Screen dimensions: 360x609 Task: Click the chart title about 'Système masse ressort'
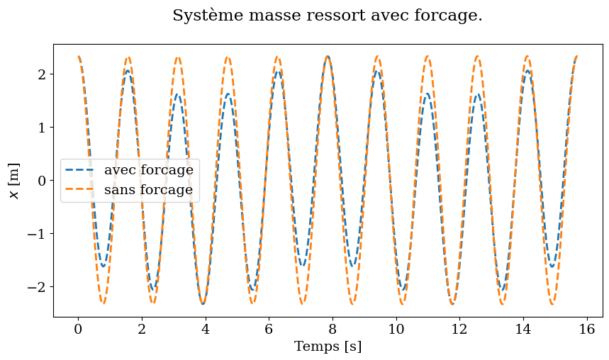pyautogui.click(x=327, y=16)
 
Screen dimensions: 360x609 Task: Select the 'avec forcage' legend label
pyautogui.click(x=148, y=170)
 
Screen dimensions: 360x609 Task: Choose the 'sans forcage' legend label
pyautogui.click(x=148, y=190)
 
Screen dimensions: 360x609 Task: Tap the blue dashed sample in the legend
pyautogui.click(x=81, y=170)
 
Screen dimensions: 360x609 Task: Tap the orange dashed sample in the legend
pyautogui.click(x=81, y=190)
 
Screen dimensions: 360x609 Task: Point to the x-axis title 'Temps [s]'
pyautogui.click(x=328, y=347)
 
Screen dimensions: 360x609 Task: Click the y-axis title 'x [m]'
pyautogui.click(x=15, y=181)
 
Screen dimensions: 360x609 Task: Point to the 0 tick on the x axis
pyautogui.click(x=78, y=328)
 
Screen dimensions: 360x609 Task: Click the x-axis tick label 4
pyautogui.click(x=205, y=328)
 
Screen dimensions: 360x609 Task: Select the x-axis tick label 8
pyautogui.click(x=332, y=328)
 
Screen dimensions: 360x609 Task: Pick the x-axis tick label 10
pyautogui.click(x=396, y=328)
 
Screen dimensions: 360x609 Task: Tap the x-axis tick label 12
pyautogui.click(x=459, y=328)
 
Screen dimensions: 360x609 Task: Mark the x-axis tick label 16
pyautogui.click(x=586, y=328)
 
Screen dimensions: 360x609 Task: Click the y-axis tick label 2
pyautogui.click(x=43, y=74)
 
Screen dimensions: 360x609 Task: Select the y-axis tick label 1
pyautogui.click(x=43, y=128)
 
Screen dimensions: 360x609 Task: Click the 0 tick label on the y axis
pyautogui.click(x=43, y=181)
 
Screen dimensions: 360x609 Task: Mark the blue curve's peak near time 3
pyautogui.click(x=178, y=94)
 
